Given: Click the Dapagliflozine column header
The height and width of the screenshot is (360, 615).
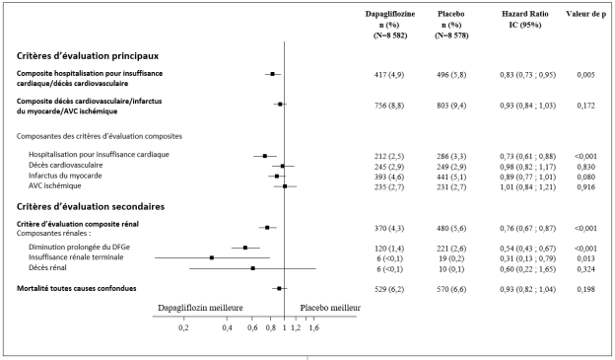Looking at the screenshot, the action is pyautogui.click(x=390, y=25).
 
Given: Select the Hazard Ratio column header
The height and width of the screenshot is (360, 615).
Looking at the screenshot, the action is pyautogui.click(x=524, y=20).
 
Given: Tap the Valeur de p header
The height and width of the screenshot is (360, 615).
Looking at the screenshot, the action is pyautogui.click(x=586, y=14).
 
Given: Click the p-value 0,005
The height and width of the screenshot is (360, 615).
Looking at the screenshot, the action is pyautogui.click(x=585, y=75).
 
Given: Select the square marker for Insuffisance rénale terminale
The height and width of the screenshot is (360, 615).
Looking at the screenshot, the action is pyautogui.click(x=212, y=258).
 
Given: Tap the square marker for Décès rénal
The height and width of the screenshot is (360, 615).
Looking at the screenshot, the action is pyautogui.click(x=252, y=268).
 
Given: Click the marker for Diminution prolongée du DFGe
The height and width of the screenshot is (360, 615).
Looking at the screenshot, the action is pyautogui.click(x=245, y=248).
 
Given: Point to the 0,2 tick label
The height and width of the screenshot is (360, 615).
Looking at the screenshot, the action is pyautogui.click(x=183, y=327).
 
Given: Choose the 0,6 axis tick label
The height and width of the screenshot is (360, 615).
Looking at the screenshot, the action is pyautogui.click(x=253, y=327).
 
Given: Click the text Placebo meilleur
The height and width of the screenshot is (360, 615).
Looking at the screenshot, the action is pyautogui.click(x=330, y=308).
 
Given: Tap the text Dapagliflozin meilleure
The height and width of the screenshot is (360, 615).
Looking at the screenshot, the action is pyautogui.click(x=200, y=308).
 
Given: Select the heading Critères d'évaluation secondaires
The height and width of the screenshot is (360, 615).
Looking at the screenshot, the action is pyautogui.click(x=91, y=206).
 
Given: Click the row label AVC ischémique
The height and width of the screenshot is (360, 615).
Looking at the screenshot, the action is pyautogui.click(x=55, y=185).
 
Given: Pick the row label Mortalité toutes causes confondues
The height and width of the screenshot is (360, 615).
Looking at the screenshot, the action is pyautogui.click(x=77, y=289).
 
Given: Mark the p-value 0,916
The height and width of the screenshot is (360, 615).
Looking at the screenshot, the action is pyautogui.click(x=586, y=187).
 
